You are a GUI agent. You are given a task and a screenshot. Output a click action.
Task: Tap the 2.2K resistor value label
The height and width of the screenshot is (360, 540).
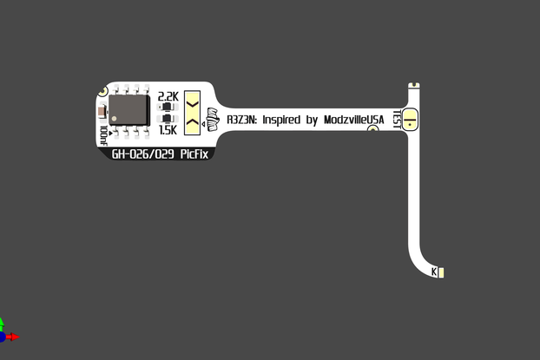pyautogui.click(x=168, y=96)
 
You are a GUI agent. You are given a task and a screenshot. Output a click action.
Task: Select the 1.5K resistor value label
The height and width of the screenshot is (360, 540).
pyautogui.click(x=168, y=130)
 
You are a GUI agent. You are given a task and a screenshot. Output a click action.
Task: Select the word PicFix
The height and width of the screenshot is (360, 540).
pyautogui.click(x=189, y=154)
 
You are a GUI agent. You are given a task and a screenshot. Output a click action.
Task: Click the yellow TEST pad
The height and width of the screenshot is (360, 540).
pyautogui.click(x=412, y=118)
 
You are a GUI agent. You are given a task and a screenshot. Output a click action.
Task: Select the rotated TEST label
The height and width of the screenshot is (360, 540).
pyautogui.click(x=397, y=118)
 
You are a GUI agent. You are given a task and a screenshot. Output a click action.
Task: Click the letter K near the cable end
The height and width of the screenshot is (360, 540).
pyautogui.click(x=434, y=273)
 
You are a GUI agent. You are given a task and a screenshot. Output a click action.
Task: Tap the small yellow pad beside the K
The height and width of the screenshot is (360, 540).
pyautogui.click(x=442, y=273)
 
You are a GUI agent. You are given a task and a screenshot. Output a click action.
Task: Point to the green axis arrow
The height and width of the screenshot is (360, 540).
pyautogui.click(x=2, y=325)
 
